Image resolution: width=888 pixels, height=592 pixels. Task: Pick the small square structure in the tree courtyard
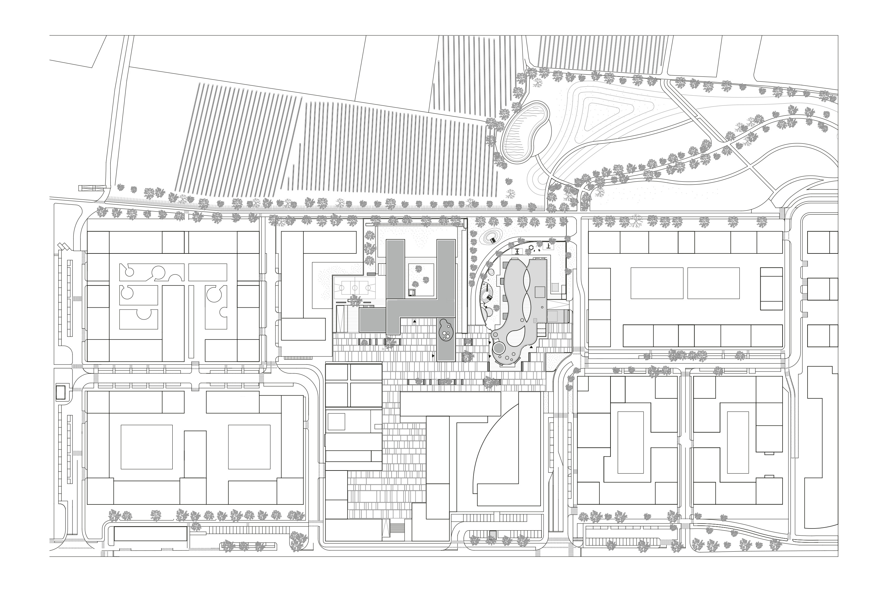[x=412, y=293]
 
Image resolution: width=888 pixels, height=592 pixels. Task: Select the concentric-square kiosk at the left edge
[x=60, y=393]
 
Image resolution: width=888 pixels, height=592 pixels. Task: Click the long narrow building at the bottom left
[x=150, y=534]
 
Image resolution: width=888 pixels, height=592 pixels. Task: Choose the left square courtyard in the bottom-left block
[x=146, y=447]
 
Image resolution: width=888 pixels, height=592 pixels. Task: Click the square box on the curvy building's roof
[x=540, y=292]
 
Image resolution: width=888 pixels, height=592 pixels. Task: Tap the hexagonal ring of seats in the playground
[x=532, y=248]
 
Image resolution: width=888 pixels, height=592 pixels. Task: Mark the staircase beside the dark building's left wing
[x=382, y=269]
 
